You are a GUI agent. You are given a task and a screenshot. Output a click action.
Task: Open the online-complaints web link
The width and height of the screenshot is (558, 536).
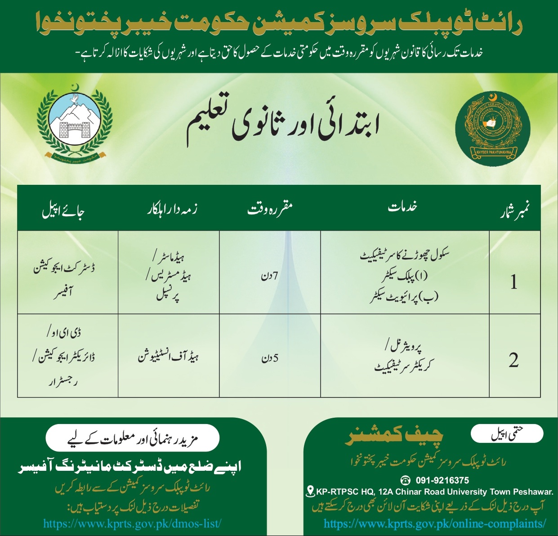435,524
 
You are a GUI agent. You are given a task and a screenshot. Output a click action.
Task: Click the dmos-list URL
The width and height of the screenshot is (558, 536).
132,524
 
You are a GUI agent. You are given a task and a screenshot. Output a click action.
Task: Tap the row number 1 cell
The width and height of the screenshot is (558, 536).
514,282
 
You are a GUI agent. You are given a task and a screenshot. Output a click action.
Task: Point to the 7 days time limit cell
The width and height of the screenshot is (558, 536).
270,275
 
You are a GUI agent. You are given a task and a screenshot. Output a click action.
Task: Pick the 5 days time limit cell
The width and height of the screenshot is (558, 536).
270,358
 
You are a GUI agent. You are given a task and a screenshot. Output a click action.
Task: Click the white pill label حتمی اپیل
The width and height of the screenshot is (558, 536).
507,434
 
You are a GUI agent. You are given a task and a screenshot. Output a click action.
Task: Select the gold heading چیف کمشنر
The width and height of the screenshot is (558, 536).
394,435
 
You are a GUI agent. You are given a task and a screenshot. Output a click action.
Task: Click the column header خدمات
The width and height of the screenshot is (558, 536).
403,207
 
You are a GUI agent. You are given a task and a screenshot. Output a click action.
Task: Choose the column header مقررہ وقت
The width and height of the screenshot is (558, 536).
270,209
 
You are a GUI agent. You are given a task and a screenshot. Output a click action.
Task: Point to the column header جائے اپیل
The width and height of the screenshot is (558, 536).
63,210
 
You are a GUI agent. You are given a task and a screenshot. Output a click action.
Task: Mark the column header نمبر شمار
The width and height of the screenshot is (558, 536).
514,210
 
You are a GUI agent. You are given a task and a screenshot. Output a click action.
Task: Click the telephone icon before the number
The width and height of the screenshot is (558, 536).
406,480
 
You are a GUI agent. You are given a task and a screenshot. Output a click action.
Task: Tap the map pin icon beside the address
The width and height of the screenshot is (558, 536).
310,491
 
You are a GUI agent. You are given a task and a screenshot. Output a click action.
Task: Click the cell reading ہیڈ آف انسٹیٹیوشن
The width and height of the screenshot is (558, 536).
168,357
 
